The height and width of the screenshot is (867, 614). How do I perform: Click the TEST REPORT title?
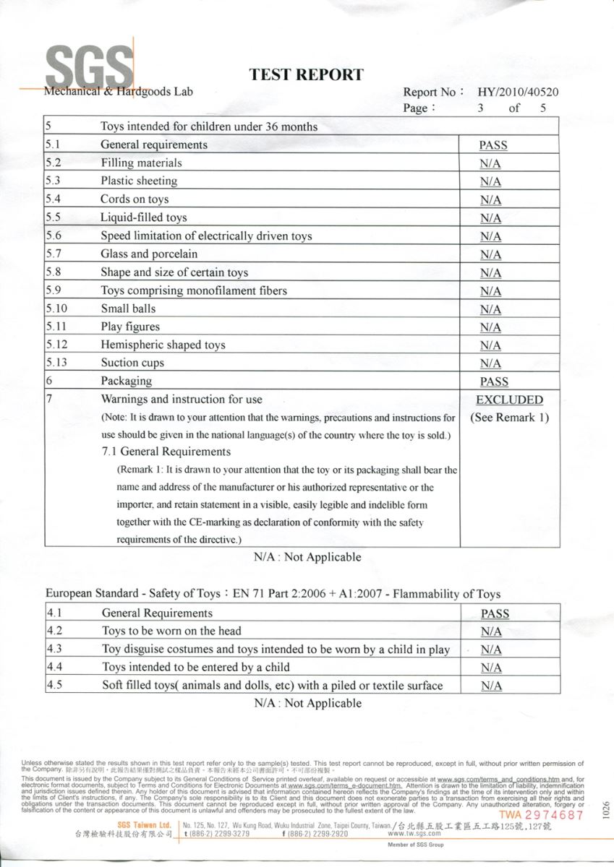306,74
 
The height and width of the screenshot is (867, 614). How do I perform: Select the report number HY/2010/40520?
518,92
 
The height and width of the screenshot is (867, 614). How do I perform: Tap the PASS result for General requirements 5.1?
493,145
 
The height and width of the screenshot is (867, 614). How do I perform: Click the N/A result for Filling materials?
490,163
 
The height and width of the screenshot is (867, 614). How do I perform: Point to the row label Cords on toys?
135,199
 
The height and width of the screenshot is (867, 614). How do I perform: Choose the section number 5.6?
53,236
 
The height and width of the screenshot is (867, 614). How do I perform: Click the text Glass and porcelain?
149,254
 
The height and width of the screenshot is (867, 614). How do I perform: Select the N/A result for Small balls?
490,309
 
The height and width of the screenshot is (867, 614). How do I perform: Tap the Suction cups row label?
132,363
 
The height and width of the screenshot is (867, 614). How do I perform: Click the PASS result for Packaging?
493,381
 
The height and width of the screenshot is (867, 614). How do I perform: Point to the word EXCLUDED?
509,400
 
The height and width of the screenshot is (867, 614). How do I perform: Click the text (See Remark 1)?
509,418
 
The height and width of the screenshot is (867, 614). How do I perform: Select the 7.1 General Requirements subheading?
166,452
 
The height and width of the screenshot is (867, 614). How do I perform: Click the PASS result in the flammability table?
495,614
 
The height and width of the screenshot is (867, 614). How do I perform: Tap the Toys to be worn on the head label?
171,631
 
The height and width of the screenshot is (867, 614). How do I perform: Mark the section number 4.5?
54,686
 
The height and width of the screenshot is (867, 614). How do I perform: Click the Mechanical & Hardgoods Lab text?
119,92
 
